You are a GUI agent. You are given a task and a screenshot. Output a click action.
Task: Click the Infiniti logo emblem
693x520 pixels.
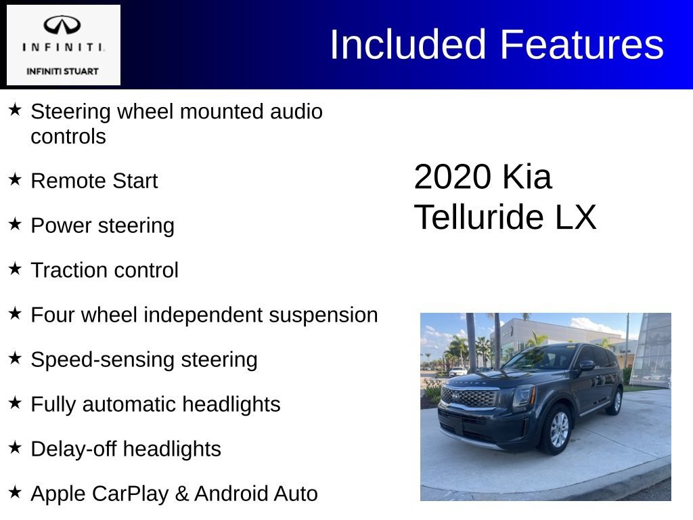tap(62, 25)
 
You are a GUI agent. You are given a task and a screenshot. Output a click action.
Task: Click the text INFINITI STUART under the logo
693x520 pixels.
tap(62, 71)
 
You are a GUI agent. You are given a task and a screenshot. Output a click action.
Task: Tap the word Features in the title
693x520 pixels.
tap(581, 45)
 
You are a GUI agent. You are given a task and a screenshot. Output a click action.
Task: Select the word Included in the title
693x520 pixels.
tap(407, 45)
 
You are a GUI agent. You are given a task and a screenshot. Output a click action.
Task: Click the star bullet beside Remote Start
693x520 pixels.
tap(15, 179)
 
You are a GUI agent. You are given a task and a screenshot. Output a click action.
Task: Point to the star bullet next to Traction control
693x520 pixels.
tap(15, 269)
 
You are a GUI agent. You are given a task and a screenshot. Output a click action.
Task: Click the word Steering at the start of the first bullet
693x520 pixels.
tap(71, 112)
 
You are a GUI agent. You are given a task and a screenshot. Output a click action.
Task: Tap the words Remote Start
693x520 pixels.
tap(94, 181)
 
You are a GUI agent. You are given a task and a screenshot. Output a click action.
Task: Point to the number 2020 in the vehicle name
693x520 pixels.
tap(452, 177)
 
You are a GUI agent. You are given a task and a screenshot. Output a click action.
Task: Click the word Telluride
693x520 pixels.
tap(478, 218)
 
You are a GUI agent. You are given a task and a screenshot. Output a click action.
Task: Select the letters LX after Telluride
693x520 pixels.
tap(575, 218)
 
